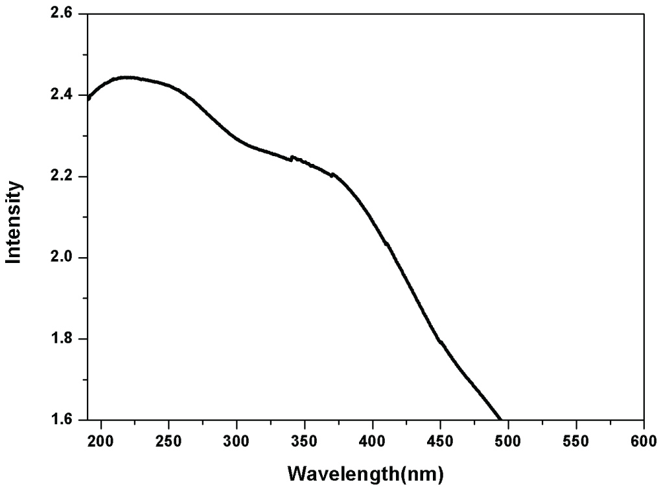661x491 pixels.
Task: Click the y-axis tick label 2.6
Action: pyautogui.click(x=65, y=14)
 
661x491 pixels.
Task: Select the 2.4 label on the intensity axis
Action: pyautogui.click(x=65, y=95)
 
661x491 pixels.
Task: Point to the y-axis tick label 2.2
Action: pyautogui.click(x=65, y=177)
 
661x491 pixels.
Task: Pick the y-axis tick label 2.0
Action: pyautogui.click(x=65, y=258)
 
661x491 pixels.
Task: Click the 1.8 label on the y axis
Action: pyautogui.click(x=65, y=339)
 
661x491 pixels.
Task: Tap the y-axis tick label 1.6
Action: pyautogui.click(x=65, y=420)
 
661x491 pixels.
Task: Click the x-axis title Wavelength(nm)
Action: pyautogui.click(x=365, y=474)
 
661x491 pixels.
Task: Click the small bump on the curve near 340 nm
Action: pyautogui.click(x=292, y=157)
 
